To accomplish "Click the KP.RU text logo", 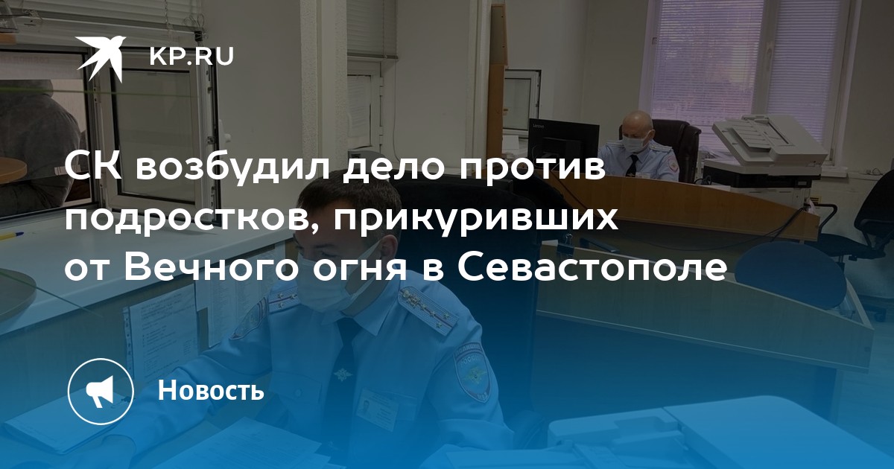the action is click(191, 57).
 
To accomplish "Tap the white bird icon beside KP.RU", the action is click(101, 57).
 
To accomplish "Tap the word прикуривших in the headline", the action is click(476, 220).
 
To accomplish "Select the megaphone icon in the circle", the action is click(101, 392).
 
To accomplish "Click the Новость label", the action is click(211, 389).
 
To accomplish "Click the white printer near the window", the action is click(764, 152).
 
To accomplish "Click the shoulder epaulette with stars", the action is click(428, 308).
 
